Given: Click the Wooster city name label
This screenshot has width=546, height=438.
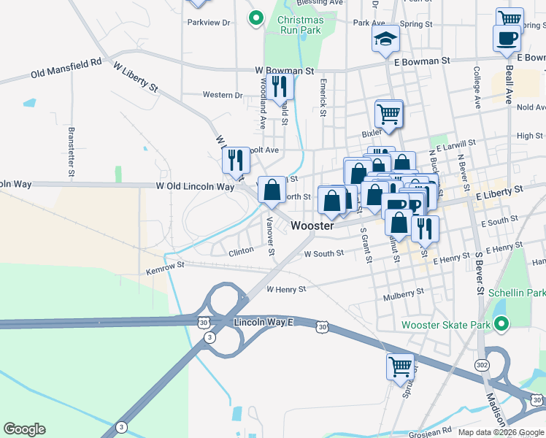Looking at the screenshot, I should click(x=312, y=226).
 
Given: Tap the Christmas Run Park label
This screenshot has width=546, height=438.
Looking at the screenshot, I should click(x=300, y=25).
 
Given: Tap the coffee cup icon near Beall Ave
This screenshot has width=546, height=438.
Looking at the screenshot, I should click(x=507, y=37).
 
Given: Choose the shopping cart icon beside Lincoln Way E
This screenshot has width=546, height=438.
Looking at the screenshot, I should click(x=400, y=366).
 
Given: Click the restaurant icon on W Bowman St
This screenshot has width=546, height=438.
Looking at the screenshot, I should click(x=280, y=87).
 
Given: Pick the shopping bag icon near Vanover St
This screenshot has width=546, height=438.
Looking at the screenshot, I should click(x=272, y=190).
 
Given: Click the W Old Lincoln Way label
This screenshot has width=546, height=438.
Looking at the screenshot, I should click(x=195, y=187).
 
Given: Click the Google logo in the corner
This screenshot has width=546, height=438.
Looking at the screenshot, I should click(x=25, y=429).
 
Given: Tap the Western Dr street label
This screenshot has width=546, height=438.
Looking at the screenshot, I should click(x=223, y=95).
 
